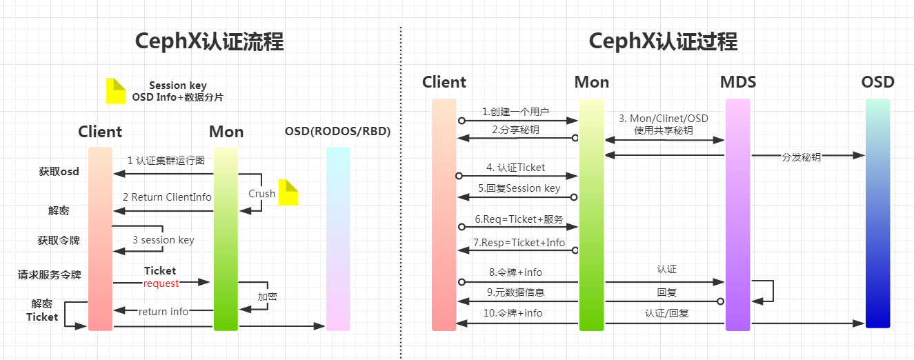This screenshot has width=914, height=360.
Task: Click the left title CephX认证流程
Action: tap(209, 42)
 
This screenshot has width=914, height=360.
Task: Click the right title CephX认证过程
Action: tap(663, 42)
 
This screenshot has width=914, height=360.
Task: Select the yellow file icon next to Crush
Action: tap(288, 192)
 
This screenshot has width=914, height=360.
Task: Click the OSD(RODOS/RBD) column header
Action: tap(337, 132)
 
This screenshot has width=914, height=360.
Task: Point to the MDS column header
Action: tap(737, 82)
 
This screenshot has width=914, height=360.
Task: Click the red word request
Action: tap(161, 283)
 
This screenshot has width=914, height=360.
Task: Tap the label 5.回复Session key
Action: tap(519, 188)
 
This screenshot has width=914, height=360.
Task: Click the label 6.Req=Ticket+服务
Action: tap(519, 219)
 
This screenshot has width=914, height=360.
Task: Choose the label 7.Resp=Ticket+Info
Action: tap(519, 243)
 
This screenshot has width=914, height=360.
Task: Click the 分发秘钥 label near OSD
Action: tap(801, 157)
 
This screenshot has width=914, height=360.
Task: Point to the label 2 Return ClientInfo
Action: tap(167, 197)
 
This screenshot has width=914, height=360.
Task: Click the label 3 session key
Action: tap(163, 240)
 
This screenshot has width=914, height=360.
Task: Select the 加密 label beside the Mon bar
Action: tap(268, 297)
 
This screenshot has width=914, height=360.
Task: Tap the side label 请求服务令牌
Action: tap(50, 274)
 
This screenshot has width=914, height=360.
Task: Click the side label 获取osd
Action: tap(59, 172)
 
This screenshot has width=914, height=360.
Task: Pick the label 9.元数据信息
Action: tap(515, 292)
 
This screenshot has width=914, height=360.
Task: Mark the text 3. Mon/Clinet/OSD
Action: tap(664, 119)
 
